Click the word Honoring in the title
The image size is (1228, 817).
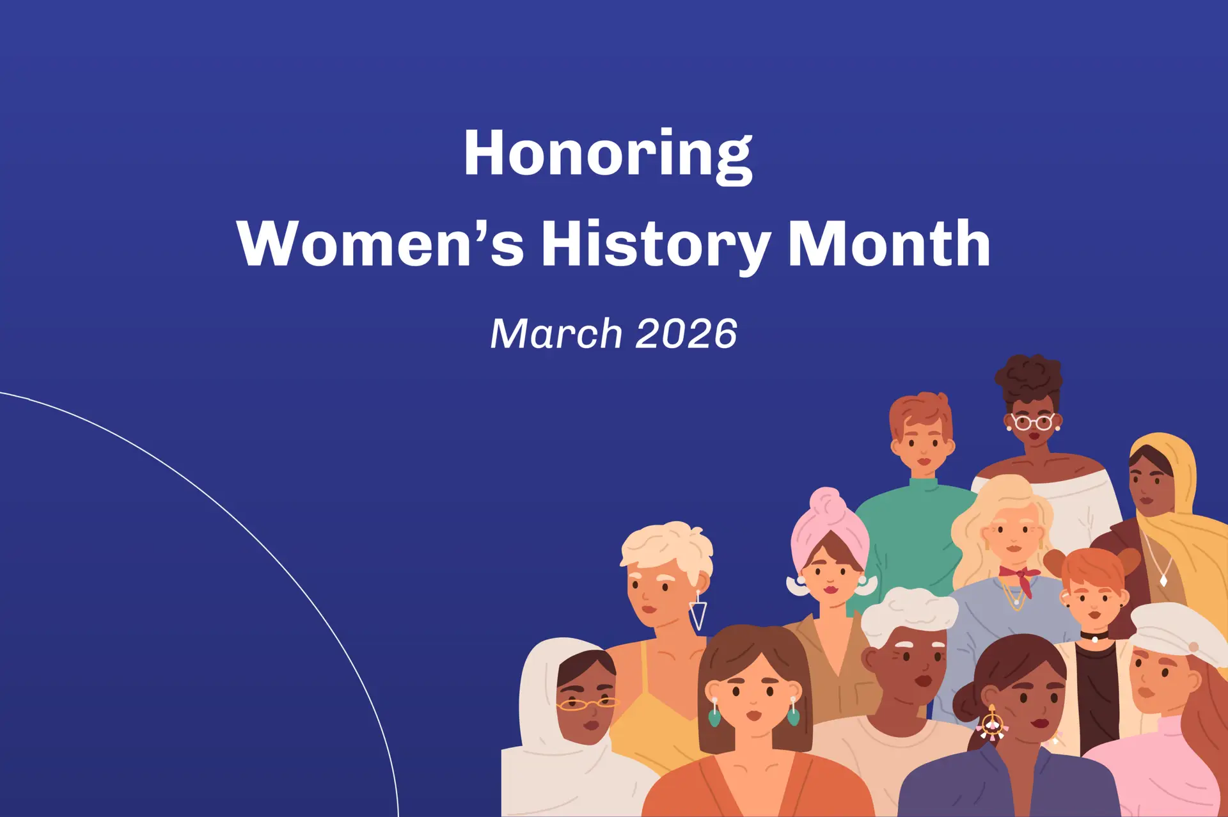(608, 155)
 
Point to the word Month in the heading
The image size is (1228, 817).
(889, 243)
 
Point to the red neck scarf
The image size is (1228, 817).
(1021, 578)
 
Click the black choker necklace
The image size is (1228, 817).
(1094, 636)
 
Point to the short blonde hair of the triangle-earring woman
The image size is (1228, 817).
(667, 550)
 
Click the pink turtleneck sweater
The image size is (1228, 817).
(1151, 767)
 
